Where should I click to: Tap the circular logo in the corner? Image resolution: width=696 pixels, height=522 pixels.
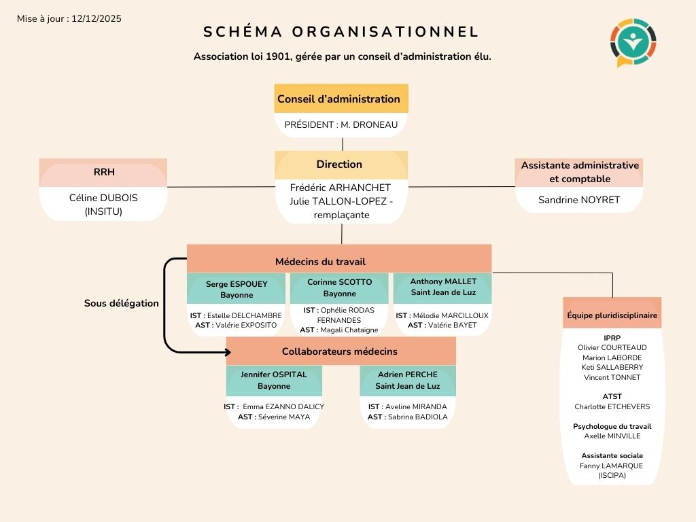[633, 42]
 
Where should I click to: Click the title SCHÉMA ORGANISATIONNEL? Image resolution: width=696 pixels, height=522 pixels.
[341, 32]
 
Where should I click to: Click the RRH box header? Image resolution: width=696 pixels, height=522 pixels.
[104, 172]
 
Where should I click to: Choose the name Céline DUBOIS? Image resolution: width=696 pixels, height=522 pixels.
[103, 198]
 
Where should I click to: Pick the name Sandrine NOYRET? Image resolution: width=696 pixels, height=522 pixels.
[579, 200]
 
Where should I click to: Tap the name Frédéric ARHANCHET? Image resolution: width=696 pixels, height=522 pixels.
[341, 188]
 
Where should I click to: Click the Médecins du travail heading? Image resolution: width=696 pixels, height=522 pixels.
[321, 262]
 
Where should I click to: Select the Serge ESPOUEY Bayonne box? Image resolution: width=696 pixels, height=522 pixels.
[237, 289]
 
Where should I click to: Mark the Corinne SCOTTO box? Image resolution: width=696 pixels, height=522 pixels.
[339, 288]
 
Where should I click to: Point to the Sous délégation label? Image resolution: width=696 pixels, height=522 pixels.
[121, 303]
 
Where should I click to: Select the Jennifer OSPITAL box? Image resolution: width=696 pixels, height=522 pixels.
[274, 380]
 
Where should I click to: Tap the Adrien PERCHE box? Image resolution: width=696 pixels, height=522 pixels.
[407, 380]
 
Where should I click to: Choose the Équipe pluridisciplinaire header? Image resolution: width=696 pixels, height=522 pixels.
[612, 315]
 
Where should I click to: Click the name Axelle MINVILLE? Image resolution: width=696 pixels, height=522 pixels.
[612, 436]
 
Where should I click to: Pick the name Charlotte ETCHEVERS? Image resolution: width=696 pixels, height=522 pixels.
[612, 406]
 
